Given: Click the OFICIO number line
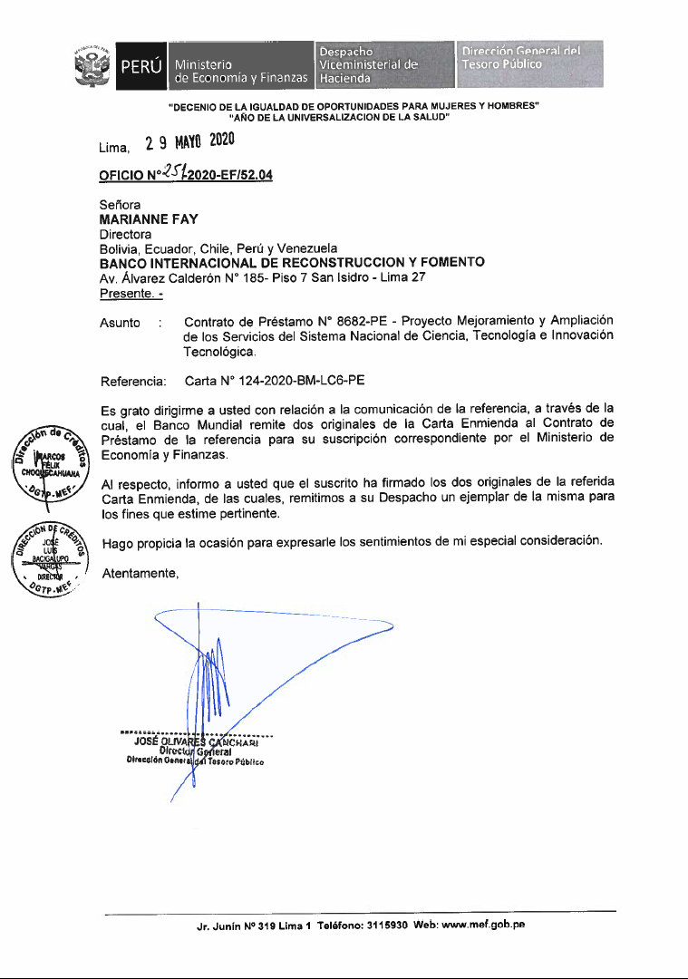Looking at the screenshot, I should coord(186,176).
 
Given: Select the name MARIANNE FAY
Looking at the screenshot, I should coord(149,219).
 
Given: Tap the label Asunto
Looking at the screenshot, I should coord(120,323).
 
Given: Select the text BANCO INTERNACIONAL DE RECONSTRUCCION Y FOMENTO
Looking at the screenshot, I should coord(291,263).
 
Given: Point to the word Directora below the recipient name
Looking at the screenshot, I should coord(124,234).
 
